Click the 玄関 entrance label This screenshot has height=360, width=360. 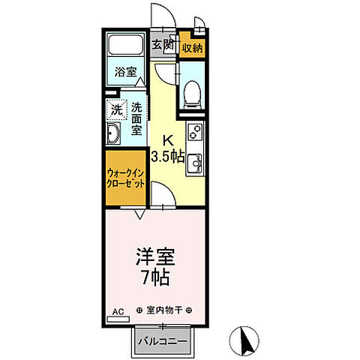pos(163,44)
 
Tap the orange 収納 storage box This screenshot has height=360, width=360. pos(191,47)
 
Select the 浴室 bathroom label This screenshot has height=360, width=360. pos(126,73)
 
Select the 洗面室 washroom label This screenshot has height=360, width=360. pos(137,118)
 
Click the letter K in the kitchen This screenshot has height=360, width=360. pos(168,139)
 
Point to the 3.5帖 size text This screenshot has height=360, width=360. pos(168,157)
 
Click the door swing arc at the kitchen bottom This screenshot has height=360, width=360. pos(163,196)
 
